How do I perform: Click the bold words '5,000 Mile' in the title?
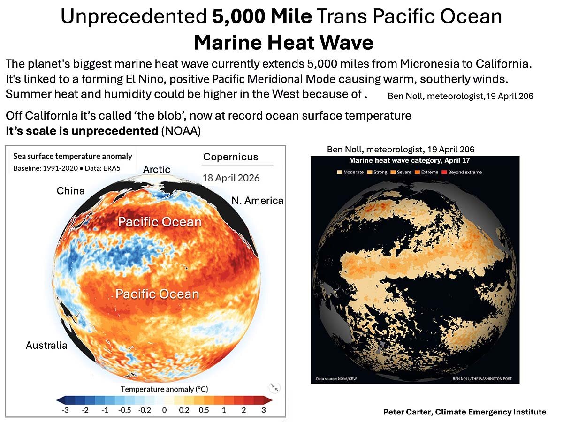[x=262, y=17]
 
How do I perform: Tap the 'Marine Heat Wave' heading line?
[x=283, y=43]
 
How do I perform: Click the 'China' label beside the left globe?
[x=70, y=191]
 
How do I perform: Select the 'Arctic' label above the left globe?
[x=157, y=169]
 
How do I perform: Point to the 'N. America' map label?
[x=258, y=201]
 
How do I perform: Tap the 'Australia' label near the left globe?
[x=46, y=346]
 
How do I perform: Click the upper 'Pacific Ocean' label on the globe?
[x=160, y=222]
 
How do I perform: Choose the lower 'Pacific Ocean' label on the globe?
[x=157, y=294]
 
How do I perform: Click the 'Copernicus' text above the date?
[x=230, y=157]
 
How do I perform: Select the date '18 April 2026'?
[x=231, y=178]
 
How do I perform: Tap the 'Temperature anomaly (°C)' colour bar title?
[x=164, y=389]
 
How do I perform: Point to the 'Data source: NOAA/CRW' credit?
[x=335, y=378]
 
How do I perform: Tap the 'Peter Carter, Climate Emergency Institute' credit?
[x=464, y=412]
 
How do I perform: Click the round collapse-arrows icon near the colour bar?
[x=274, y=388]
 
